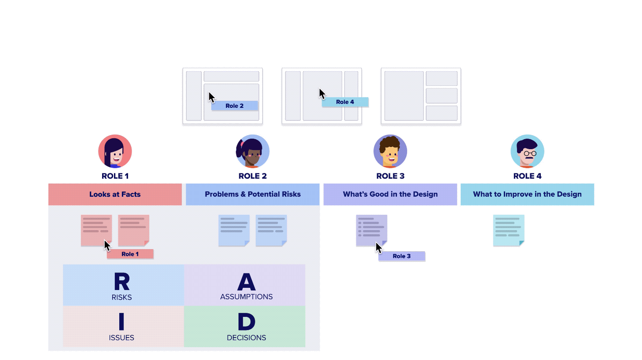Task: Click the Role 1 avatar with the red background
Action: click(x=115, y=151)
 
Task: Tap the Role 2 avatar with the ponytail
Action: click(x=253, y=151)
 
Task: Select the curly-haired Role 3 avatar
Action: click(x=390, y=151)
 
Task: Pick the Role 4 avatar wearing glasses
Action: click(x=527, y=151)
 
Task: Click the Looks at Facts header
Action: click(x=115, y=194)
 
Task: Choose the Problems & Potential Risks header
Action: click(x=253, y=194)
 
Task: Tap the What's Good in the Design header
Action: click(x=390, y=194)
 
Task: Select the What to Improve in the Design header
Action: click(x=527, y=194)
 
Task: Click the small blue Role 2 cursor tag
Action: click(x=235, y=106)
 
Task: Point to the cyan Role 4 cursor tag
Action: click(x=345, y=102)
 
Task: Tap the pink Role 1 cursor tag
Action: click(x=130, y=254)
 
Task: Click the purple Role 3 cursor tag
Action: click(x=402, y=256)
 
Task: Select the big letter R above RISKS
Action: click(x=122, y=282)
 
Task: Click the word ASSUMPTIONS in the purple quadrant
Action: click(x=246, y=297)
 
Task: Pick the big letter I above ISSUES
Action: click(x=121, y=322)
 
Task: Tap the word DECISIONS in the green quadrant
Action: click(x=246, y=338)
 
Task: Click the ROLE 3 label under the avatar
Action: click(x=390, y=176)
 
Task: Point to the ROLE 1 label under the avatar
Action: click(x=115, y=176)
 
